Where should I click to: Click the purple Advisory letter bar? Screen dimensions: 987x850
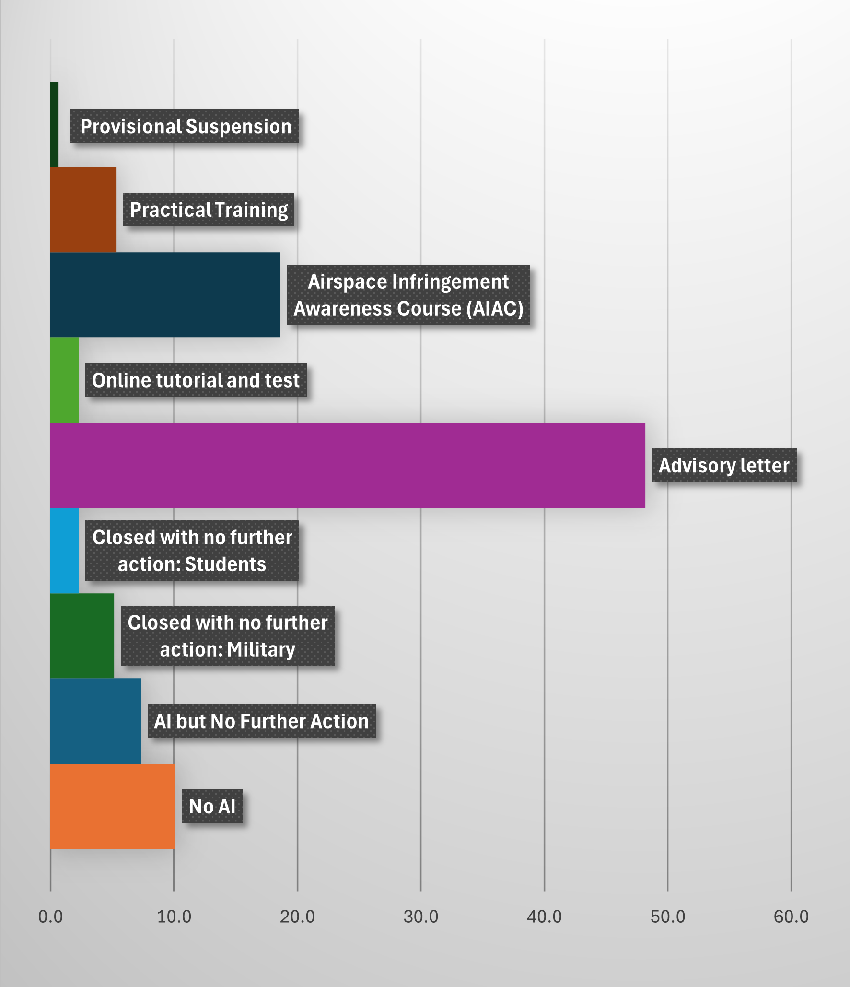pos(348,465)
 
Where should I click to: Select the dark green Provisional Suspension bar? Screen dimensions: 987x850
pos(54,124)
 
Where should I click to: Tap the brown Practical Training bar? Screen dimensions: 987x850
pos(83,210)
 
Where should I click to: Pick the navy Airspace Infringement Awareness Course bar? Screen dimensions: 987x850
pos(165,295)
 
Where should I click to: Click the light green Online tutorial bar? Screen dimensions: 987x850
pos(64,380)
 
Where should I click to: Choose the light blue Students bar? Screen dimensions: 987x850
pos(64,551)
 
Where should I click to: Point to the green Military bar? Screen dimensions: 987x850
pos(82,636)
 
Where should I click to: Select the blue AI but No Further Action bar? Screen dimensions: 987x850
pos(95,721)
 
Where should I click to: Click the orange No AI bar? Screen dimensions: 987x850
pos(113,806)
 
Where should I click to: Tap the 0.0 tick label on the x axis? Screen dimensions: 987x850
pos(50,916)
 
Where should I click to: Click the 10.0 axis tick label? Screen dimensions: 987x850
pos(174,916)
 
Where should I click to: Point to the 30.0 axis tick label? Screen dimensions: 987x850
pos(420,916)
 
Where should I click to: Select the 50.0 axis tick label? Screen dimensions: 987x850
pos(667,916)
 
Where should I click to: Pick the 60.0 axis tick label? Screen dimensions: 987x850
pos(791,916)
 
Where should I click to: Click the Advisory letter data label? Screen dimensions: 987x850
pos(724,465)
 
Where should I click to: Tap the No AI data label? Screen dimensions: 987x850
pos(212,806)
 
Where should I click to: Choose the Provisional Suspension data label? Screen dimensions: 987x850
pos(186,127)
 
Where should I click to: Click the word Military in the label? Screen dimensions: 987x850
pos(261,649)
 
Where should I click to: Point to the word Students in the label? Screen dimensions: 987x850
pos(225,564)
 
